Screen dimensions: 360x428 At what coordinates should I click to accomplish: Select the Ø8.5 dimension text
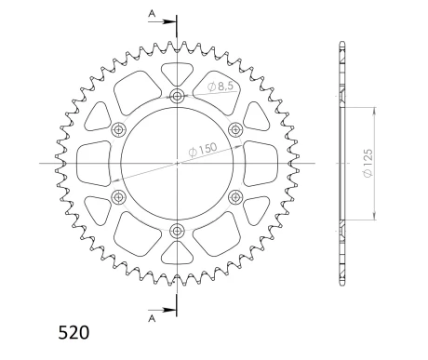(x=207, y=87)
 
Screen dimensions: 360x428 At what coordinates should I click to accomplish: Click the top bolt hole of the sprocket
(x=177, y=96)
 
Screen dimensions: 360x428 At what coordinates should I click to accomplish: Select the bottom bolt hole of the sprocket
(x=177, y=230)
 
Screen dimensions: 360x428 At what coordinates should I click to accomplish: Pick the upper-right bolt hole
(x=234, y=129)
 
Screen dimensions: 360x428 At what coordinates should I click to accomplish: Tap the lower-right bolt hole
(x=234, y=196)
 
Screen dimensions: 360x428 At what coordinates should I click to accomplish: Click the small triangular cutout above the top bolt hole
(x=177, y=73)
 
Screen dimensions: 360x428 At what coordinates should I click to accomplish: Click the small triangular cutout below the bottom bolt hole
(x=177, y=252)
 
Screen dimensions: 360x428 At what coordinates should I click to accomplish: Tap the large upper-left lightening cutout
(x=127, y=89)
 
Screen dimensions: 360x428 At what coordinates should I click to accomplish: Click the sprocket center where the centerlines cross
(x=177, y=163)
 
